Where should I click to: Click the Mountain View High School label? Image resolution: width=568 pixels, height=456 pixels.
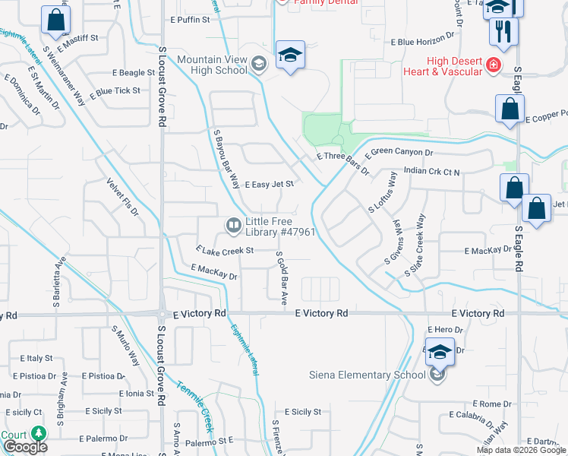pyautogui.click(x=213, y=65)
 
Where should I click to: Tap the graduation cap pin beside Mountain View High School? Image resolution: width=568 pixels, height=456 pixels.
pyautogui.click(x=290, y=55)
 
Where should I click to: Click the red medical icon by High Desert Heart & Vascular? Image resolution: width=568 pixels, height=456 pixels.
pyautogui.click(x=494, y=66)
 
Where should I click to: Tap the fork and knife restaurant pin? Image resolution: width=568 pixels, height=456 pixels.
pyautogui.click(x=503, y=32)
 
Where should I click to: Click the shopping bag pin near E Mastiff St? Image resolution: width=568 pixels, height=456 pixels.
pyautogui.click(x=56, y=21)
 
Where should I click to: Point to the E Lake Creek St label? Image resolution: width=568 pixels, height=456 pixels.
pyautogui.click(x=223, y=249)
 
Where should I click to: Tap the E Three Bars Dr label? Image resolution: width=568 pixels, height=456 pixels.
pyautogui.click(x=342, y=163)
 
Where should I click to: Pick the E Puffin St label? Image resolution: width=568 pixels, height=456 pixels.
pyautogui.click(x=190, y=20)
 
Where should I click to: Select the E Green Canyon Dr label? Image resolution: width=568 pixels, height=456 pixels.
pyautogui.click(x=398, y=152)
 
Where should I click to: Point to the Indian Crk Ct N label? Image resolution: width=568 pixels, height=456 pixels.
pyautogui.click(x=432, y=172)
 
